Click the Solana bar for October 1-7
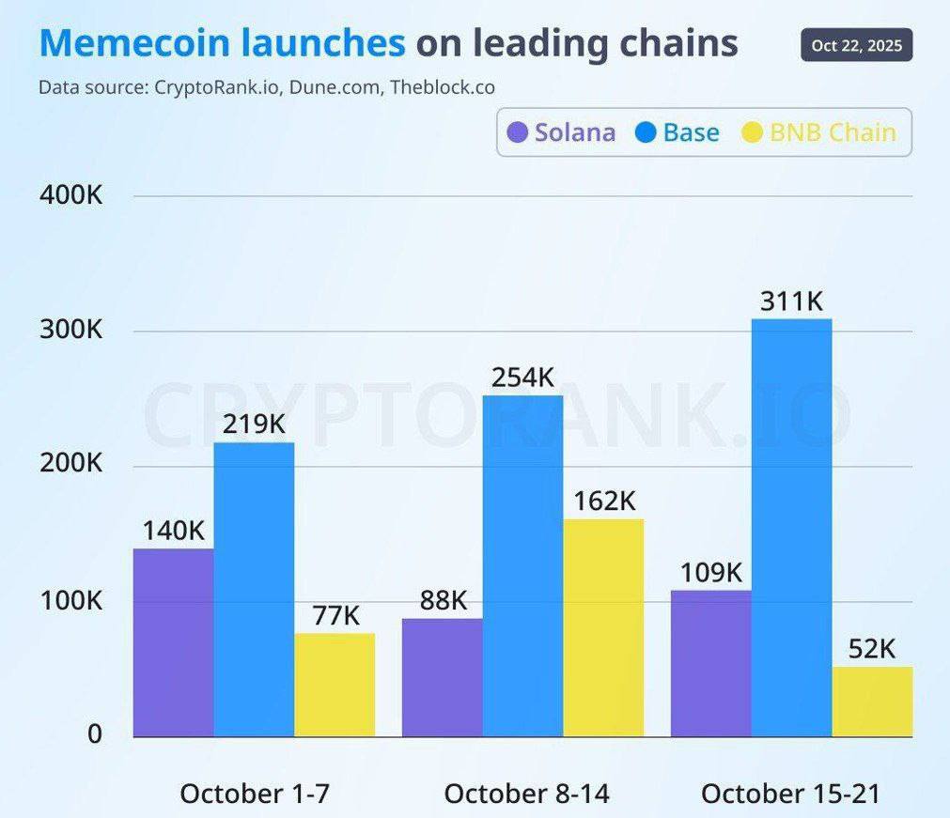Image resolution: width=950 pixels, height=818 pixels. pyautogui.click(x=173, y=642)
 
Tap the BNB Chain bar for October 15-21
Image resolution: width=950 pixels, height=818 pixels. pyautogui.click(x=872, y=702)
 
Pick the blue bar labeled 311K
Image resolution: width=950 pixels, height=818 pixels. pyautogui.click(x=791, y=527)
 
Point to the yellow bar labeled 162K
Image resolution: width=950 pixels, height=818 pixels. pyautogui.click(x=603, y=627)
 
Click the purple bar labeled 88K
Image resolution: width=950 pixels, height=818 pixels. pyautogui.click(x=442, y=677)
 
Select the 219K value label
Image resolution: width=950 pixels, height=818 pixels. pyautogui.click(x=254, y=424)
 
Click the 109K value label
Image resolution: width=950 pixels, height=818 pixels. pyautogui.click(x=710, y=572)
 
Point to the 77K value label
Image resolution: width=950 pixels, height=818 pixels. pyautogui.click(x=335, y=615)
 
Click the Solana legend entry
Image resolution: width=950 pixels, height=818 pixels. pyautogui.click(x=561, y=132)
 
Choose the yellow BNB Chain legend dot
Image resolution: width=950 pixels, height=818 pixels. pyautogui.click(x=753, y=132)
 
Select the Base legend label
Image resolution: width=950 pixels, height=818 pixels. pyautogui.click(x=691, y=132)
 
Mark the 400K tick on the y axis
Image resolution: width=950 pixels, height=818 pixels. pyautogui.click(x=70, y=196)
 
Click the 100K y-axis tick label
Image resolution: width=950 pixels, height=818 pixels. pyautogui.click(x=70, y=600)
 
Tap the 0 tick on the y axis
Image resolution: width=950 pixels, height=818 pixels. pyautogui.click(x=94, y=734)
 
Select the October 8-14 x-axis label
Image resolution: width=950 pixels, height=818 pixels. pyautogui.click(x=526, y=794)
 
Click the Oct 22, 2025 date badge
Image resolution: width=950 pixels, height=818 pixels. pyautogui.click(x=856, y=45)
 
